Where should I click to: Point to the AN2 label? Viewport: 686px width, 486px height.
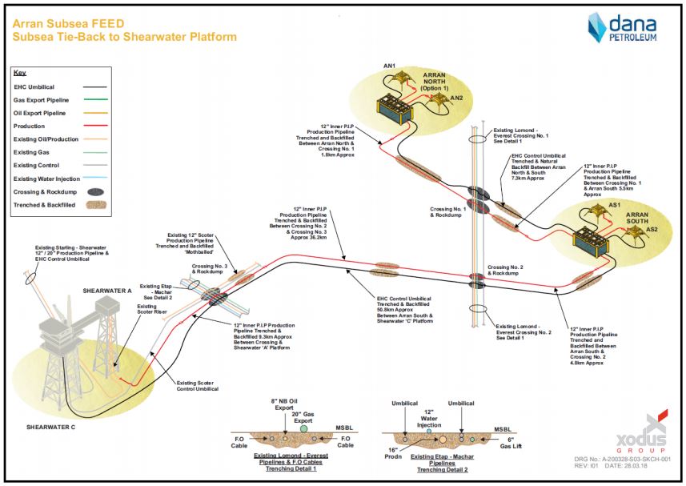[456, 98]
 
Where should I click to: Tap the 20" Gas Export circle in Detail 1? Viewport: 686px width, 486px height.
[303, 429]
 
